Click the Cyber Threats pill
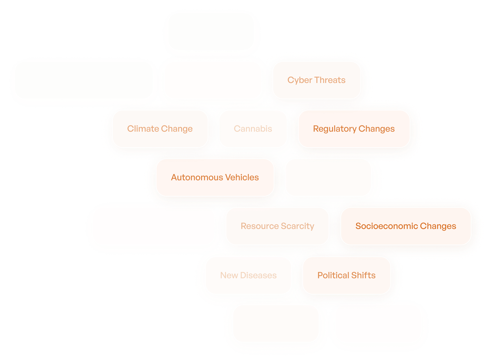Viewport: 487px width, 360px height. coord(316,80)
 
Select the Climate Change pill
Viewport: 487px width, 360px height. coord(160,129)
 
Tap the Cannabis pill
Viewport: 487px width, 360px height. coord(253,129)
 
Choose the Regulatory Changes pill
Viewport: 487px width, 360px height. coord(354,129)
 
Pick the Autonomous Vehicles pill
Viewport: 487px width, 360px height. coord(215,178)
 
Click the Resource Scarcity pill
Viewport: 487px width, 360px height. coord(277,226)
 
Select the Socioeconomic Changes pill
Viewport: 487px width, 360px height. coord(406,226)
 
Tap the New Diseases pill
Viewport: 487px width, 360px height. coord(248,275)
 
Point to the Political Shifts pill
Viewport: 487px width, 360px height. coord(346,275)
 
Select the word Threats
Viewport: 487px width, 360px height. coord(330,80)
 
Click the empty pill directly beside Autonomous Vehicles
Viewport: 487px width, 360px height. coord(328,178)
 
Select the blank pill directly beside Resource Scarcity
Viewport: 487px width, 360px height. coord(153,226)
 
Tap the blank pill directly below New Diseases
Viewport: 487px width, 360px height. coord(276,324)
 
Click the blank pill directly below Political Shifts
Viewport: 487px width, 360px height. coord(378,324)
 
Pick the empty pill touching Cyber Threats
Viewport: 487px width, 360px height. coord(213,80)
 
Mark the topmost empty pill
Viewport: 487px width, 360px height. coord(211,32)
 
